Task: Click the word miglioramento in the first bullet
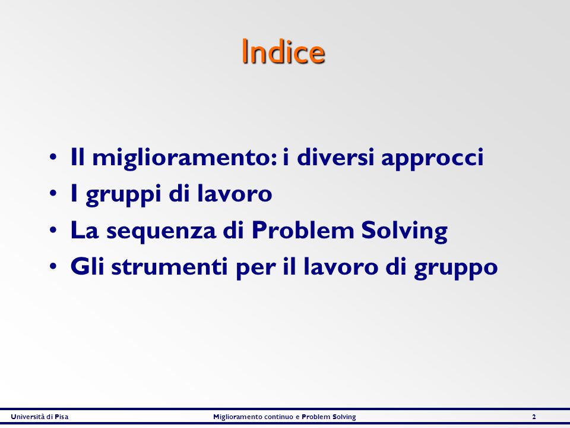tap(185, 158)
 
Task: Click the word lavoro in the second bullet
tap(235, 193)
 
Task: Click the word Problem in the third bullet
tap(302, 230)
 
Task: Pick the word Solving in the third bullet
tap(404, 231)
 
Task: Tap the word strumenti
tap(169, 267)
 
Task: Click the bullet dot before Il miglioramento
tap(53, 158)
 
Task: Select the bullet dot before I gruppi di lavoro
tap(53, 194)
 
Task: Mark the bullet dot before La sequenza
tap(53, 231)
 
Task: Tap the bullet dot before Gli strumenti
tap(53, 266)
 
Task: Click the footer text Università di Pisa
tap(40, 417)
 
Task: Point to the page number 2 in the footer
tap(534, 417)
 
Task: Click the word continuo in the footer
tap(279, 417)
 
